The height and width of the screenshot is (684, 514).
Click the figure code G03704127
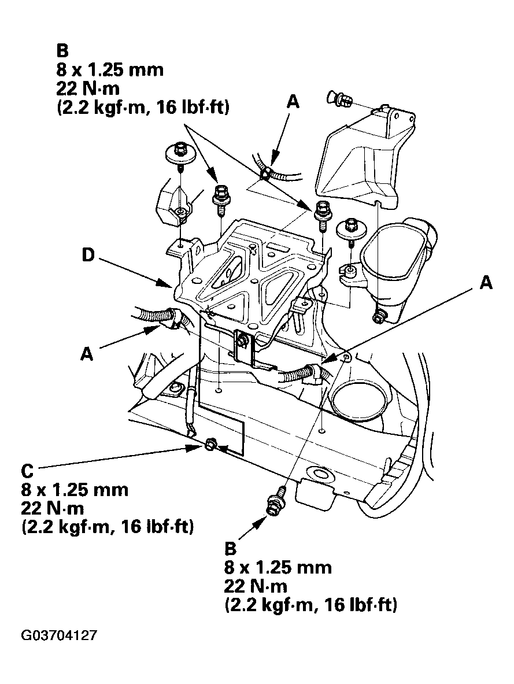click(58, 635)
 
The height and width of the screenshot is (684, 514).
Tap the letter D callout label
click(88, 255)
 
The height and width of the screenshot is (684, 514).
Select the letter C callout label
click(27, 471)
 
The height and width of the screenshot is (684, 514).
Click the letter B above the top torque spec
click(62, 51)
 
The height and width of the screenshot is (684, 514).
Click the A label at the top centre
click(293, 102)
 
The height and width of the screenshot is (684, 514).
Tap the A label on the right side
click(486, 283)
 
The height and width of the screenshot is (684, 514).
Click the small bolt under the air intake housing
click(378, 316)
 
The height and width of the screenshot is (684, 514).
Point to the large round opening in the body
click(358, 400)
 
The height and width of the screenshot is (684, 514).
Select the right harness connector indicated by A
click(315, 372)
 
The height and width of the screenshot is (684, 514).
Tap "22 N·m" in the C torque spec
click(53, 508)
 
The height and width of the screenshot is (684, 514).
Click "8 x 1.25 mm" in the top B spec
click(110, 70)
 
